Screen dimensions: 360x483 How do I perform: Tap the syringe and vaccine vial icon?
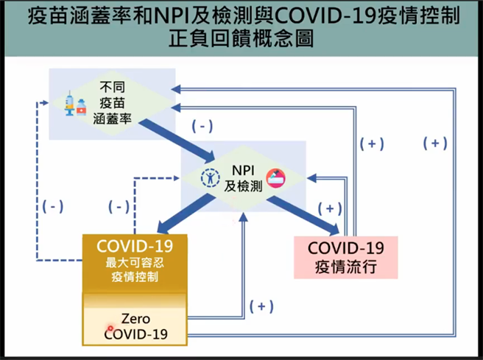tap(74, 104)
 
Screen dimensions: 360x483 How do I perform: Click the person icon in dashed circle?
tap(210, 178)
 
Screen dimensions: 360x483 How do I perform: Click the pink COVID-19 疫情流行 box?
tap(345, 256)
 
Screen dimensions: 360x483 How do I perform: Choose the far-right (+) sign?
tap(435, 143)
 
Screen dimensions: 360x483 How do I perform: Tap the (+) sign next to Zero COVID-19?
tap(263, 306)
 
